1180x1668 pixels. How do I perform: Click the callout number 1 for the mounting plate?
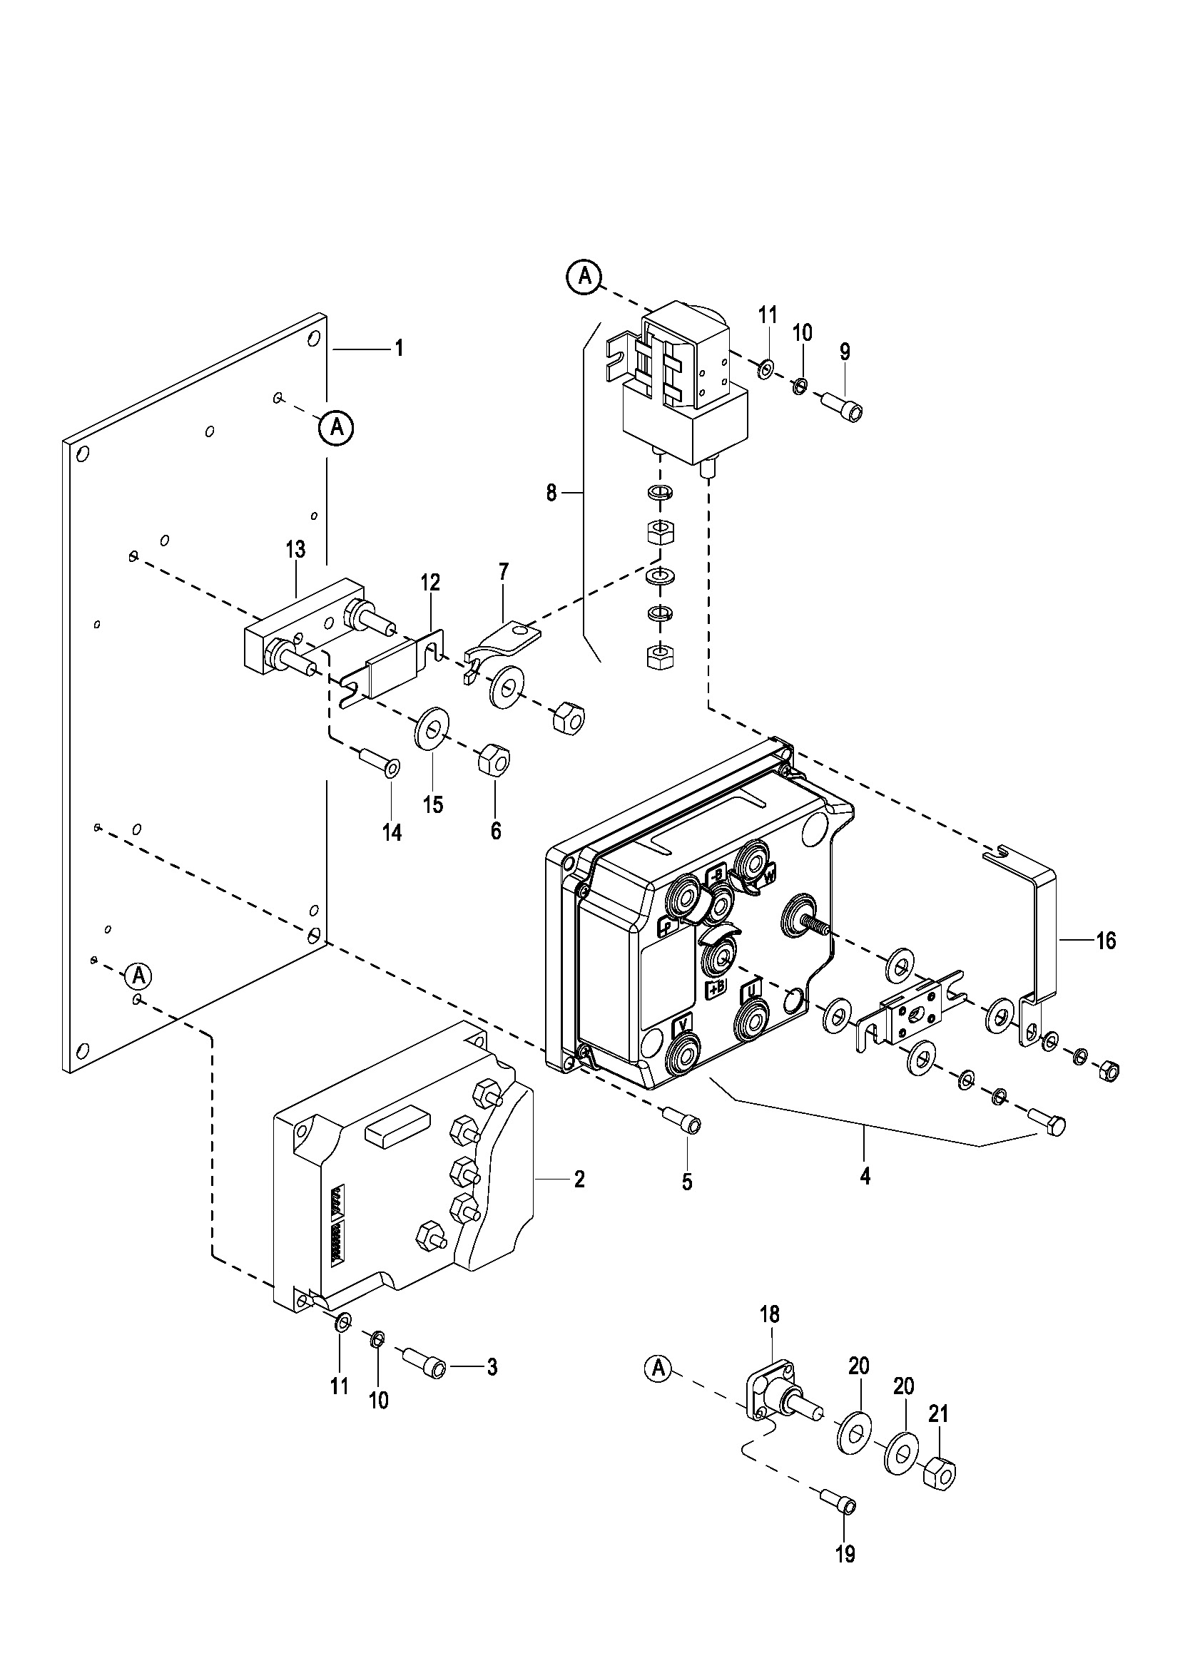pyautogui.click(x=398, y=349)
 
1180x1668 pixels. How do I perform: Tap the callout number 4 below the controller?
pyautogui.click(x=865, y=1175)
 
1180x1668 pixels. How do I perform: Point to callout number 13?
pyautogui.click(x=296, y=549)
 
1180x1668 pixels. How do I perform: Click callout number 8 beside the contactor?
pyautogui.click(x=551, y=493)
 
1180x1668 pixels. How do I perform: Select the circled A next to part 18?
pyautogui.click(x=659, y=1368)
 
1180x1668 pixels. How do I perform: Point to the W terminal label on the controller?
pyautogui.click(x=768, y=877)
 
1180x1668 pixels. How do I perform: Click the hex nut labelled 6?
pyautogui.click(x=494, y=760)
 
